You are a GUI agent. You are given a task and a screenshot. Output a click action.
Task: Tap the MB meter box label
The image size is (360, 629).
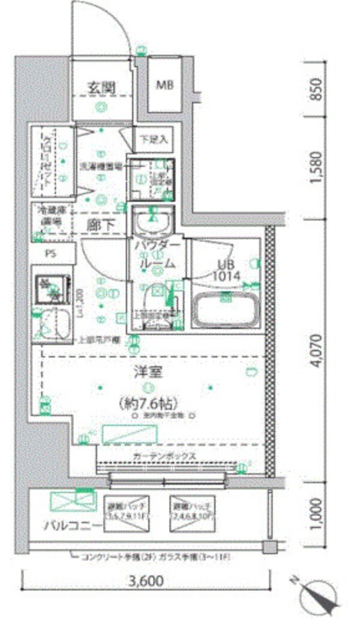(165, 85)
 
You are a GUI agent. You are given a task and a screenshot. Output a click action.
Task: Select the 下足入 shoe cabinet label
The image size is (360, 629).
(153, 139)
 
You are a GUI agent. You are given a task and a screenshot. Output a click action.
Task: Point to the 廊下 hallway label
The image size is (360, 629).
(100, 225)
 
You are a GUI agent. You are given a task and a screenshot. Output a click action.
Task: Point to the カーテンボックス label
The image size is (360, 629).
(165, 456)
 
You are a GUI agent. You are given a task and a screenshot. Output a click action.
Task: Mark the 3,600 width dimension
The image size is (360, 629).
(145, 582)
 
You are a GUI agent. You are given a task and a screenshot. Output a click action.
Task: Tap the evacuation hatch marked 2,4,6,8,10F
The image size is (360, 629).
(191, 510)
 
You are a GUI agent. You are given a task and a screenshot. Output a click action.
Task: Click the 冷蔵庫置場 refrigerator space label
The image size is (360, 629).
(50, 215)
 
